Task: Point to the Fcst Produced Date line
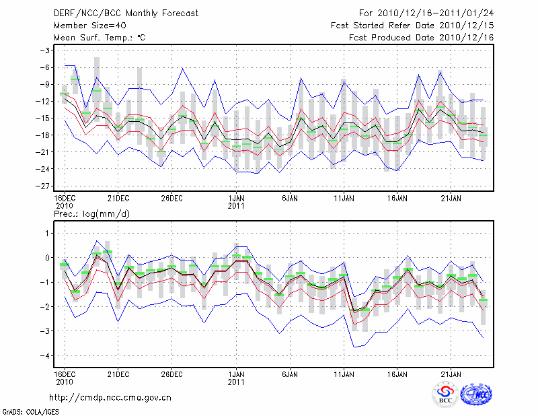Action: pos(421,38)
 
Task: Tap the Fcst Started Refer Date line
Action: pos(412,26)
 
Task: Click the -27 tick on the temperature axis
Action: pos(46,186)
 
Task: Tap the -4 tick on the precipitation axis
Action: pos(47,355)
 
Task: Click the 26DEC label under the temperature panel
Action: pos(171,198)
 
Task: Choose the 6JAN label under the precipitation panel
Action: pos(290,372)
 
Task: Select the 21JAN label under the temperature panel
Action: pos(451,198)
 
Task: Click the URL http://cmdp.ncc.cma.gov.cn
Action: pos(111,398)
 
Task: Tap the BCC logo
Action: pos(445,394)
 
